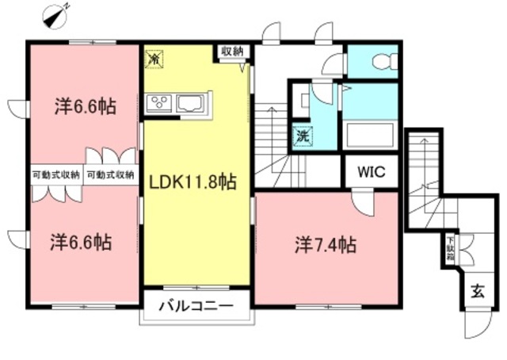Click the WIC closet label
pos(369,171)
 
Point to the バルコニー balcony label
pos(195,305)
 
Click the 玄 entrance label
pos(479,290)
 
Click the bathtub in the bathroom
pos(371,136)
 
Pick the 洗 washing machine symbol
pos(303,136)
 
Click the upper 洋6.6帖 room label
pos(86,105)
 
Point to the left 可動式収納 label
pos(56,175)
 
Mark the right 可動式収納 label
pos(110,175)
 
